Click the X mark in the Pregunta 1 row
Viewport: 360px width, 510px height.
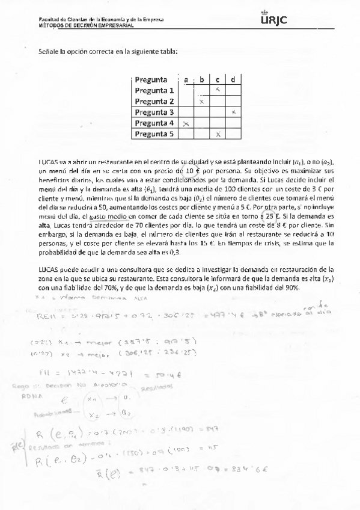pyautogui.click(x=218, y=90)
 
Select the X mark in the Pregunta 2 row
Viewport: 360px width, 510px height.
pyautogui.click(x=202, y=101)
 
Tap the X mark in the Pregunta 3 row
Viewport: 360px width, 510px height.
pyautogui.click(x=233, y=112)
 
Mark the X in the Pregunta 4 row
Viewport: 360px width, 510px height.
pyautogui.click(x=186, y=123)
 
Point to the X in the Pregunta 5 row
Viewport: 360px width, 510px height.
pyautogui.click(x=218, y=134)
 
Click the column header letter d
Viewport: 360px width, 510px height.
pyautogui.click(x=233, y=79)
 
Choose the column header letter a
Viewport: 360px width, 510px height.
pyautogui.click(x=186, y=79)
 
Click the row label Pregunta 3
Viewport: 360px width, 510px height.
pyautogui.click(x=154, y=112)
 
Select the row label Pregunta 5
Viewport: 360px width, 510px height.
pyautogui.click(x=154, y=134)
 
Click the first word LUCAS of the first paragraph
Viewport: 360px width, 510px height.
pyautogui.click(x=47, y=162)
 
